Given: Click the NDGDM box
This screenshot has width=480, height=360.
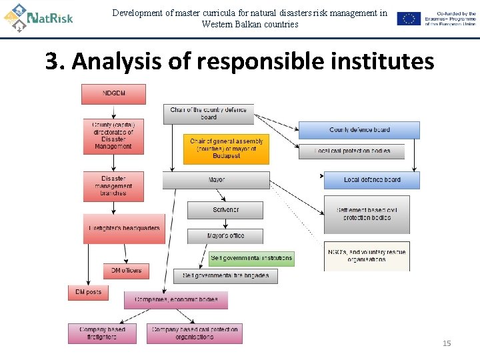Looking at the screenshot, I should coord(113,94).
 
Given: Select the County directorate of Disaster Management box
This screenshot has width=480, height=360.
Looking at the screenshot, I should coord(113,136).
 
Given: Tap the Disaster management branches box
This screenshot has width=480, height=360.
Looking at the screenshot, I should coord(113,186).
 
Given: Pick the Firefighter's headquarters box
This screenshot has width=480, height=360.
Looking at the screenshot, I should coord(124,228).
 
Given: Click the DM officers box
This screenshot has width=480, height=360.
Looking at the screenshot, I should coord(126,271).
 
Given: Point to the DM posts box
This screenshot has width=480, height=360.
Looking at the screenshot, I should coord(88,292).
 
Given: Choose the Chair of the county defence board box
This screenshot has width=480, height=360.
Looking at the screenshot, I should coord(209,114).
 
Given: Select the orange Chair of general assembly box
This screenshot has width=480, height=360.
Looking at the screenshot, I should coord(227,149).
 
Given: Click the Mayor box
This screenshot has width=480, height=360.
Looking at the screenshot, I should coord(216,180).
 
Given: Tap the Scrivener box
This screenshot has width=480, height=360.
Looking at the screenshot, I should coord(225,210).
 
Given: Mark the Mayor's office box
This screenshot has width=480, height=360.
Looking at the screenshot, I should coord(225,236).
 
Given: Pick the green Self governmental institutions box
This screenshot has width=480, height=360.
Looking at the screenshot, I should coord(251,258).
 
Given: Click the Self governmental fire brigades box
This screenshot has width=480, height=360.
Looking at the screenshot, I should coord(225,275).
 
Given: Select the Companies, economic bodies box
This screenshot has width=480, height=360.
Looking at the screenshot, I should coord(175,300).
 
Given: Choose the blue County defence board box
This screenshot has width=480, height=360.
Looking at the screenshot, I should coord(359,130).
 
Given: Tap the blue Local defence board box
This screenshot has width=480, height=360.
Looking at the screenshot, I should coord(372,180).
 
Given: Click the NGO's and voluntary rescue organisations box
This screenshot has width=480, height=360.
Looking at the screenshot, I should coord(367,255).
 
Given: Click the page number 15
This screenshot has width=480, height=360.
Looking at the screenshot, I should coord(447,343).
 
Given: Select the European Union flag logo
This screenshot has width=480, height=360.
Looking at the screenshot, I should coord(409,19).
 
